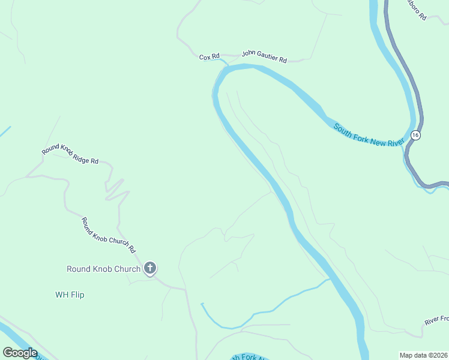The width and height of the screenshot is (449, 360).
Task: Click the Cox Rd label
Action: point(209,57)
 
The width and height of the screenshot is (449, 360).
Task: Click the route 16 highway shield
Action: point(415,135)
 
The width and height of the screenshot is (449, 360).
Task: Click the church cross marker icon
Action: point(150,268)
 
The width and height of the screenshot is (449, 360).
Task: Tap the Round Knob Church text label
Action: point(103,269)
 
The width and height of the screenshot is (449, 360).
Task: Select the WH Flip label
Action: point(70,295)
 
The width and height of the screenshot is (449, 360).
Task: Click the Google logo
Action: point(20,353)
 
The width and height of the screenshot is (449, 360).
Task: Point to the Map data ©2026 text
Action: point(423,355)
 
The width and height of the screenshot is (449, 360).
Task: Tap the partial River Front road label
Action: point(436,320)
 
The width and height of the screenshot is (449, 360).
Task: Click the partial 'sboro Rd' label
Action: point(416,11)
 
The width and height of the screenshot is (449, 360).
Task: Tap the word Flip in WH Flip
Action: point(77,295)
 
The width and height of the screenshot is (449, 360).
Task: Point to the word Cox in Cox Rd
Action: point(205,57)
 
